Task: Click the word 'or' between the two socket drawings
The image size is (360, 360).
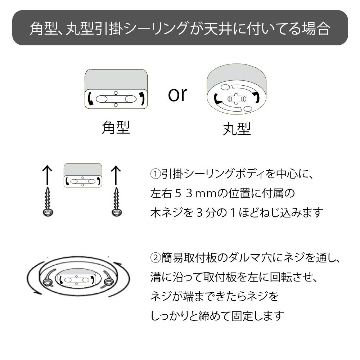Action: (x=177, y=95)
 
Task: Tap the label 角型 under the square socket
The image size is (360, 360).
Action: (x=116, y=128)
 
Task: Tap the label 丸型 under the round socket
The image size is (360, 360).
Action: (x=237, y=129)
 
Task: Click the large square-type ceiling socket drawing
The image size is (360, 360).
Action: (x=116, y=89)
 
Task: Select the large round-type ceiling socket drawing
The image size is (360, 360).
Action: (x=237, y=89)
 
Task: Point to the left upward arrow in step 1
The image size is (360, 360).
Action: (x=47, y=175)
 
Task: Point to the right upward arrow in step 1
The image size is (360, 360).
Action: (x=116, y=175)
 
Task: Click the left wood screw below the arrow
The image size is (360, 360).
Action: (x=48, y=201)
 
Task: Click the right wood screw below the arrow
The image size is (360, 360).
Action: (x=116, y=201)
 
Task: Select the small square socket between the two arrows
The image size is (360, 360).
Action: (x=83, y=175)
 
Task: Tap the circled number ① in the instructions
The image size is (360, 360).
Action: (x=156, y=174)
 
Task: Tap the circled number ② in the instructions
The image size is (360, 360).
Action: (x=156, y=258)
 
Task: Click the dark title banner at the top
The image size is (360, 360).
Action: (x=180, y=28)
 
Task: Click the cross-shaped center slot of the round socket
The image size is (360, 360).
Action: (x=237, y=99)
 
